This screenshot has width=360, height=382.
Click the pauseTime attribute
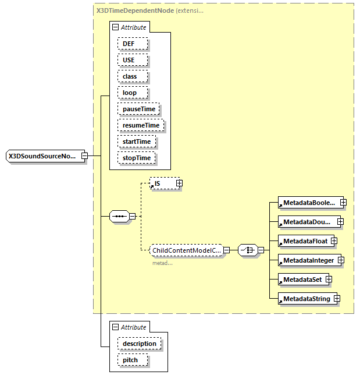click(138, 109)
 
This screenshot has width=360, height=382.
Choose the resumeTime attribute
click(141, 125)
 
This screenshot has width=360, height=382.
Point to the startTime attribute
click(137, 142)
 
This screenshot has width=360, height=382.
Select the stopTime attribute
click(137, 158)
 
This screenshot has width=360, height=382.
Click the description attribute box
click(139, 344)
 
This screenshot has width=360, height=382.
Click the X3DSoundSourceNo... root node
click(42, 156)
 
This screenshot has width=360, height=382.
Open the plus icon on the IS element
click(179, 183)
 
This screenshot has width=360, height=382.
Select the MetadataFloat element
click(303, 241)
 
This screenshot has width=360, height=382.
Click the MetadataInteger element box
click(308, 260)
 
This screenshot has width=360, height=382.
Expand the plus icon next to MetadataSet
click(329, 280)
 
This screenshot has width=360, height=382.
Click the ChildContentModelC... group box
click(186, 250)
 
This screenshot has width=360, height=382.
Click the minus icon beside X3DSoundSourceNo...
click(84, 156)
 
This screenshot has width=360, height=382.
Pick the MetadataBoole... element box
click(308, 203)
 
